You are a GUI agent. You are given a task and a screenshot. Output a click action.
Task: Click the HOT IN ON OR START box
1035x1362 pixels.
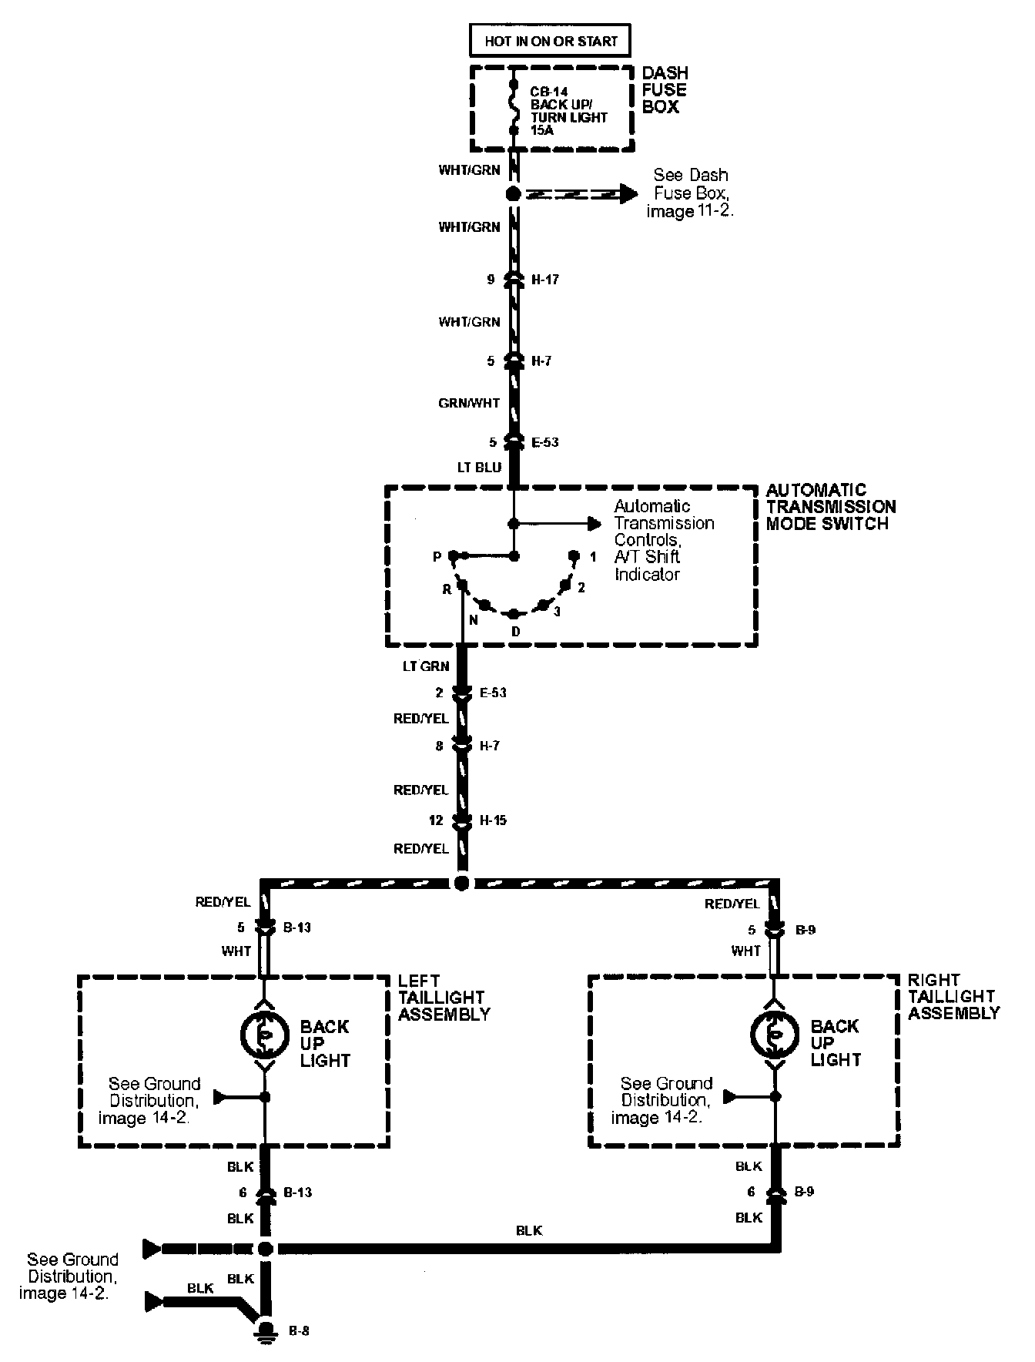tap(551, 41)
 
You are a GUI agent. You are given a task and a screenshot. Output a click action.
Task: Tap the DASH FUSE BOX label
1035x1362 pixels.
tap(665, 90)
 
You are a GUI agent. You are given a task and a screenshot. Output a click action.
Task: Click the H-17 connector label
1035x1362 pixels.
tap(545, 280)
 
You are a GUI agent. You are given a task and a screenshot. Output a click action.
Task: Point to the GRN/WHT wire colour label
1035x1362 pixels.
tap(470, 403)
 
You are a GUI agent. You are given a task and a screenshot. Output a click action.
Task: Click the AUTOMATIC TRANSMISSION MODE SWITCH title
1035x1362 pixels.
tap(830, 507)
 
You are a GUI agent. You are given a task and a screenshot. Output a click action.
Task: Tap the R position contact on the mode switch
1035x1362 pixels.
tap(461, 585)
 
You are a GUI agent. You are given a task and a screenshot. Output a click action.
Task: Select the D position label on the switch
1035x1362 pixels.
tap(516, 632)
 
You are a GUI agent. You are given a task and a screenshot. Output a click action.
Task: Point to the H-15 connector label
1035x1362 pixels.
tap(493, 820)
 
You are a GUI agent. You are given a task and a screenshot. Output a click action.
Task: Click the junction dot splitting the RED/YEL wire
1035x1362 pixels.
tap(462, 884)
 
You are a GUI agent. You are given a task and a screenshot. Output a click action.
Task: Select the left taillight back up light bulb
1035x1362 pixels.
tap(263, 1034)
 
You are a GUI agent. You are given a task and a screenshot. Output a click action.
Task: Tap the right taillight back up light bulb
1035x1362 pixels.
tap(775, 1034)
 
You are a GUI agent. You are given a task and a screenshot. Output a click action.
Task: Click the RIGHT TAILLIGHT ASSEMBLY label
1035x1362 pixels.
tap(953, 997)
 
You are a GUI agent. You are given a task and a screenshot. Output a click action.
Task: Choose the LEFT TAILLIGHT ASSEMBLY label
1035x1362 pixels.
tap(444, 998)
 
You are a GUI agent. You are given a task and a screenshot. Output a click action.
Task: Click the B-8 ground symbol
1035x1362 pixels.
tap(266, 1330)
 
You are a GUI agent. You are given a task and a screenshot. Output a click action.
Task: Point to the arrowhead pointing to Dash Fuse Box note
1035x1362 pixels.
tap(628, 194)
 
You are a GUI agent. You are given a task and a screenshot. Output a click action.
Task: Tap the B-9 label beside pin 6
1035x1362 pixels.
tap(805, 1192)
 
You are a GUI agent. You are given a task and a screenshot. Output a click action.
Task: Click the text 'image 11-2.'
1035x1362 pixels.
tap(690, 211)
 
